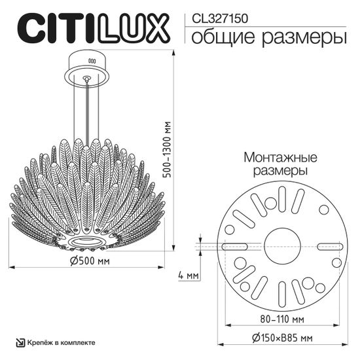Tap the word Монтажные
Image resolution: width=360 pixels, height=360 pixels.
(x=280, y=158)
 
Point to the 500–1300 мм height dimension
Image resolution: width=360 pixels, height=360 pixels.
(x=169, y=151)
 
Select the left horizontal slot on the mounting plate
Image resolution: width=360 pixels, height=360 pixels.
(x=234, y=246)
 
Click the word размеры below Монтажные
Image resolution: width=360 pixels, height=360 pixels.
(x=280, y=171)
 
